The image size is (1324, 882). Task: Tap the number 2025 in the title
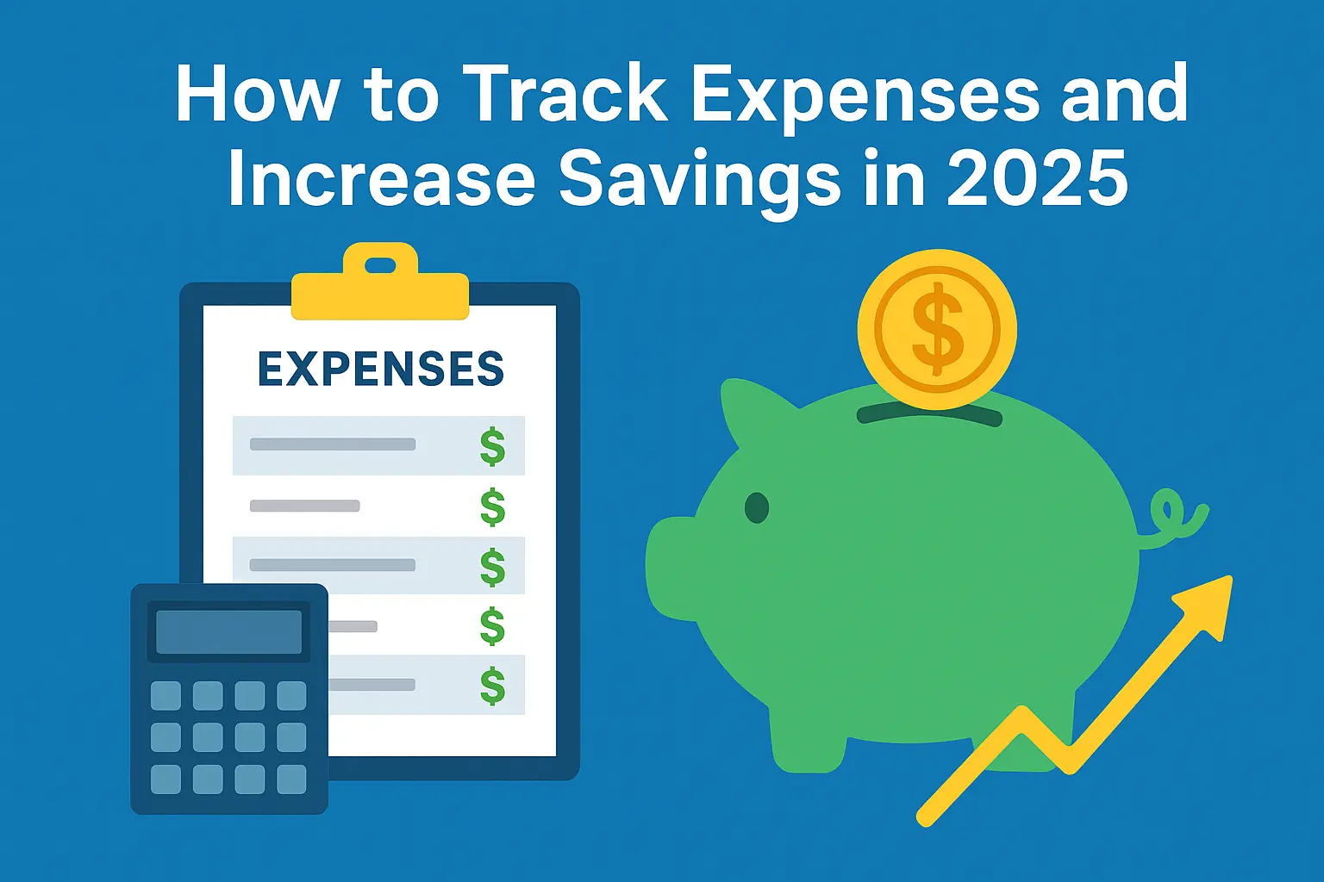point(1038,178)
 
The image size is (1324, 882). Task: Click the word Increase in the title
point(380,178)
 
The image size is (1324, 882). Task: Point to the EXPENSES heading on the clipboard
point(380,370)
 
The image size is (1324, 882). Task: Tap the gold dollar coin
point(937,329)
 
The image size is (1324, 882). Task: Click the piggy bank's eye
point(756,508)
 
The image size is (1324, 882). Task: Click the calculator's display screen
point(228,632)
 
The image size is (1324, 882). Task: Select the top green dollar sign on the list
point(492,446)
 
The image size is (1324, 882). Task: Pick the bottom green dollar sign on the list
point(492,686)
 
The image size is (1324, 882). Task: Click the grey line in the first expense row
point(333,444)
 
